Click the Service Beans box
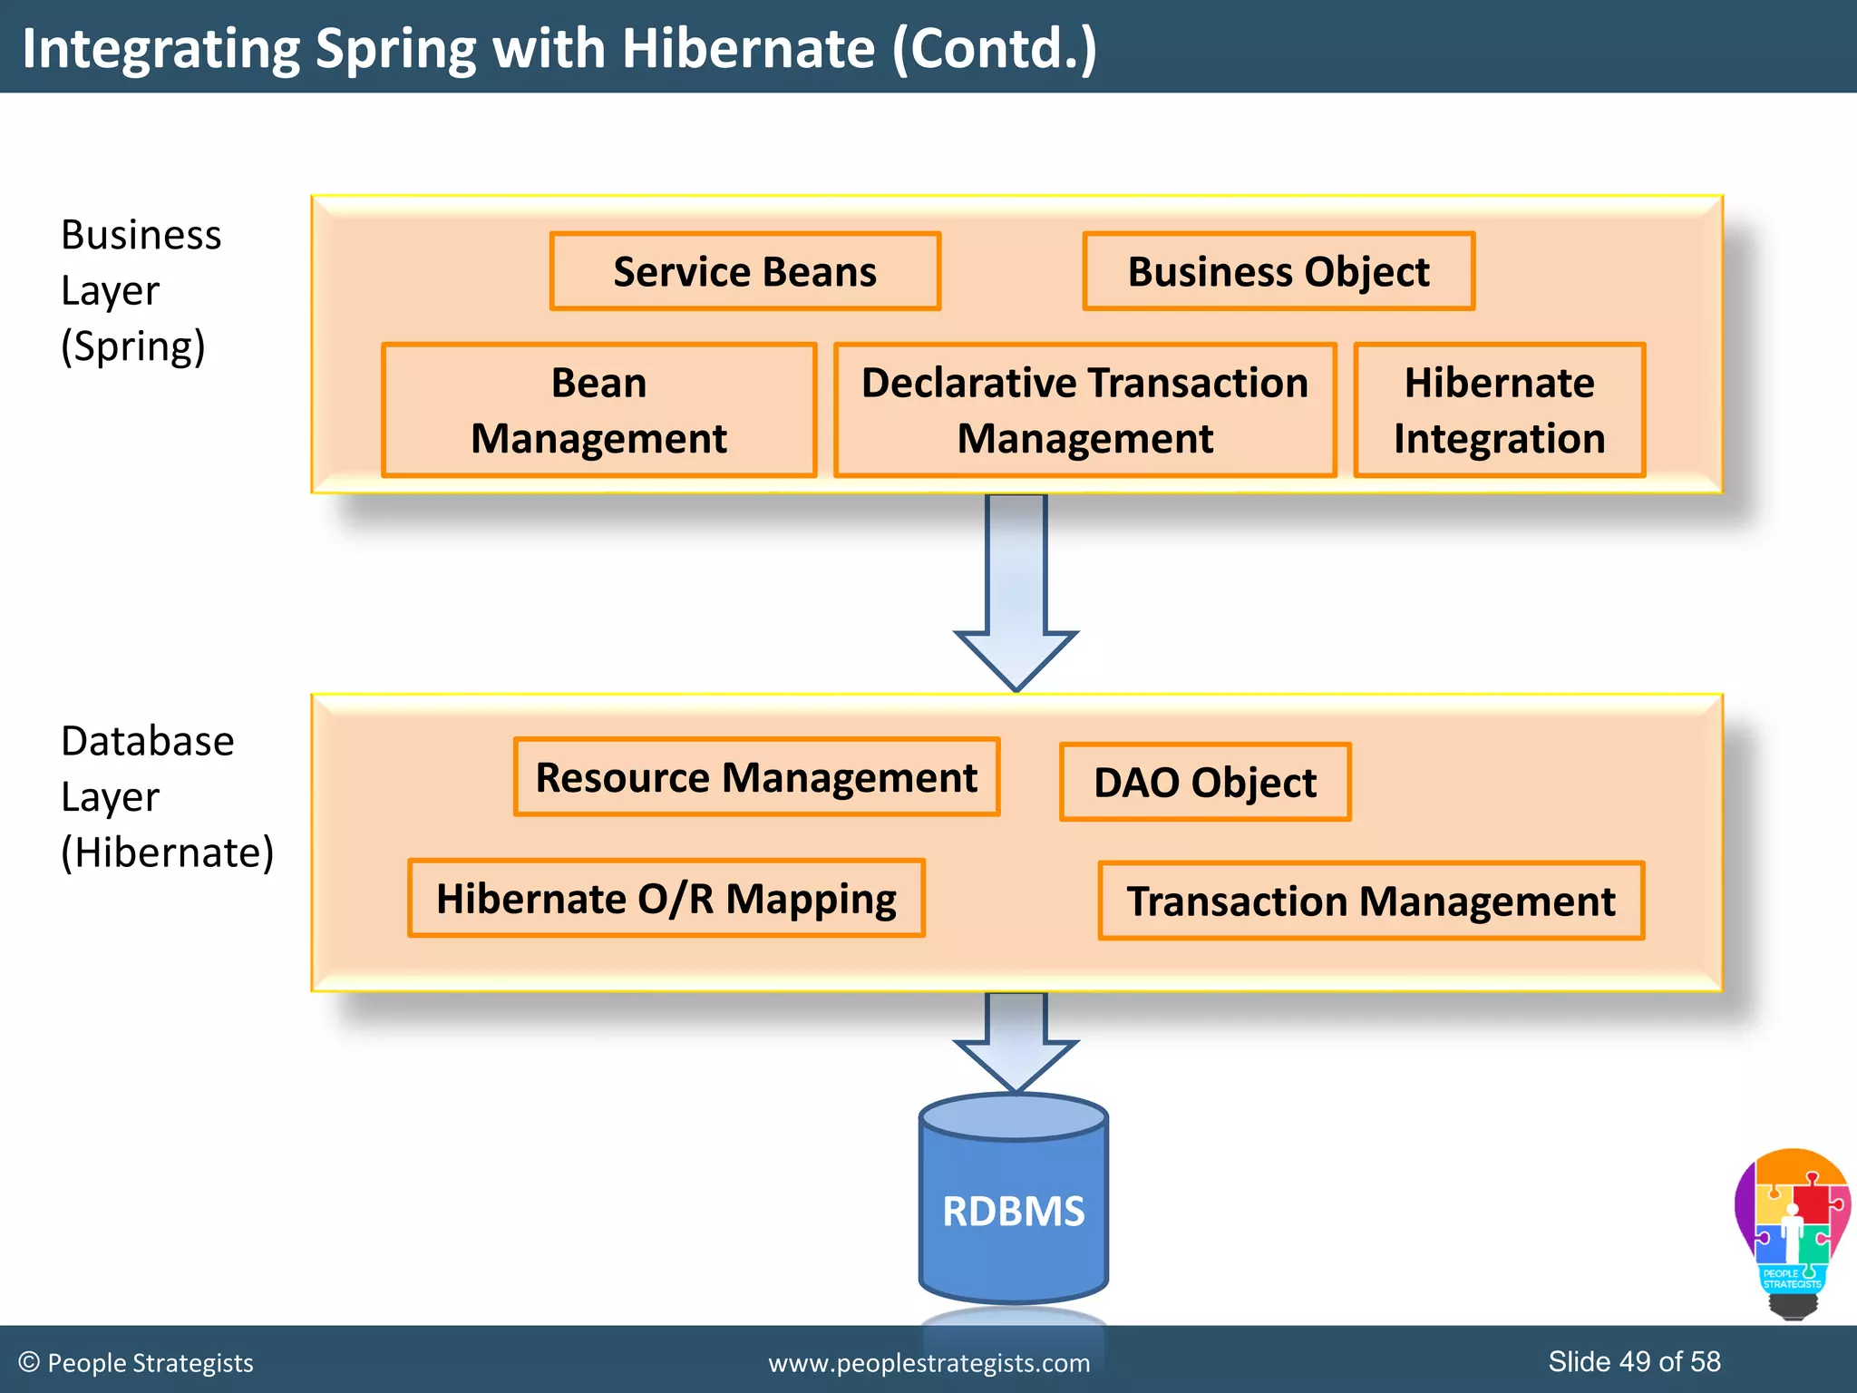pyautogui.click(x=745, y=272)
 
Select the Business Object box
pyautogui.click(x=1279, y=272)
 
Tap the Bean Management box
pyautogui.click(x=598, y=410)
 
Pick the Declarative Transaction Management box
pyautogui.click(x=1084, y=410)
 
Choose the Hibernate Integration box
pyautogui.click(x=1499, y=410)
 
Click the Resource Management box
pyautogui.click(x=756, y=777)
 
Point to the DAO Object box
pyautogui.click(x=1205, y=782)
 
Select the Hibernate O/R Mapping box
pyautogui.click(x=666, y=898)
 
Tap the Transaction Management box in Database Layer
pyautogui.click(x=1371, y=901)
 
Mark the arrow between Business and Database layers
pyautogui.click(x=1016, y=589)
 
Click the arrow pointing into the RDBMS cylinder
pyautogui.click(x=1016, y=1043)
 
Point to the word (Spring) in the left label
pyautogui.click(x=133, y=346)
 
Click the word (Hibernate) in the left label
pyautogui.click(x=167, y=852)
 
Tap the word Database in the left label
pyautogui.click(x=148, y=741)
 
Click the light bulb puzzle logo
pyautogui.click(x=1792, y=1229)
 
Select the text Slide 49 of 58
pyautogui.click(x=1634, y=1361)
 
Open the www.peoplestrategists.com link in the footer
pyautogui.click(x=929, y=1363)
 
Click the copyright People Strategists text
pyautogui.click(x=136, y=1363)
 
